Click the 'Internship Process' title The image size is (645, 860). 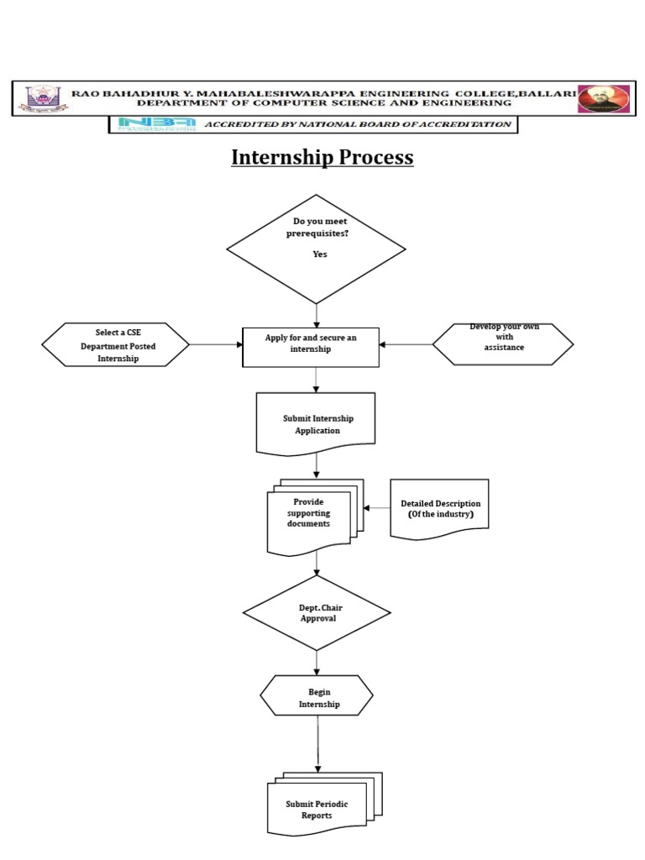[322, 158]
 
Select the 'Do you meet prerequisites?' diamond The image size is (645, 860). [316, 249]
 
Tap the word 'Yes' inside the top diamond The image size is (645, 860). [320, 254]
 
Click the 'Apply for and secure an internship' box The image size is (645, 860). [311, 347]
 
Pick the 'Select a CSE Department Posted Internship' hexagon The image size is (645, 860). [117, 344]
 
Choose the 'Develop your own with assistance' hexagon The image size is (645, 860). [503, 344]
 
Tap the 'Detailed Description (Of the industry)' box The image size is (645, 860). [439, 508]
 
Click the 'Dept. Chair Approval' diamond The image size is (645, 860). [317, 612]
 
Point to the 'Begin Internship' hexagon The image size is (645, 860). [317, 699]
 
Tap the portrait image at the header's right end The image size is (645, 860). [604, 98]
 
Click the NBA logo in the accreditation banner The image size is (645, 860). [157, 124]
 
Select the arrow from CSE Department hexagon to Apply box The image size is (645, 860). [216, 344]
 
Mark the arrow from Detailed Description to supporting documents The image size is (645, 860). [376, 508]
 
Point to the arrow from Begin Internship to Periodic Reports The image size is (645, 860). [318, 743]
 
